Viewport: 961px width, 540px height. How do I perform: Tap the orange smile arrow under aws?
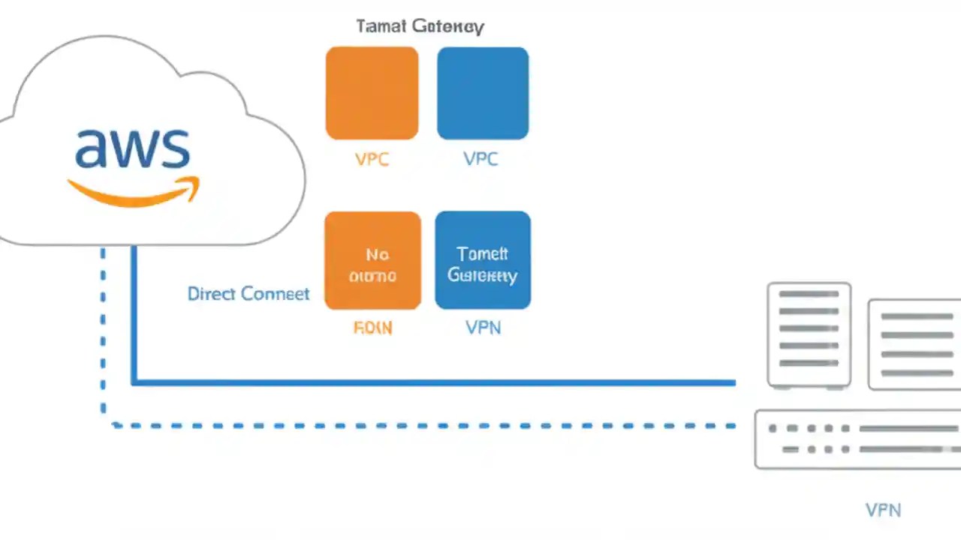(x=135, y=192)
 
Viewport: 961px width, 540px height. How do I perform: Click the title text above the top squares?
(x=420, y=26)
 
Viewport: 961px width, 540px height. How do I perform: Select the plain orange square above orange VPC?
(x=372, y=93)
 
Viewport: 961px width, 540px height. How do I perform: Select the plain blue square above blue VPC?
(x=483, y=93)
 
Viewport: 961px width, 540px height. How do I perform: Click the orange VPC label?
(x=372, y=159)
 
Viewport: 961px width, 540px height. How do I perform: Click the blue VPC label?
(x=480, y=159)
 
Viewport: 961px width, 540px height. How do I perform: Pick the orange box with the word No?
(x=372, y=260)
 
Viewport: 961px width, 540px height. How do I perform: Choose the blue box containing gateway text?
(x=483, y=260)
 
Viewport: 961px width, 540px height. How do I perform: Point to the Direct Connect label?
(x=248, y=293)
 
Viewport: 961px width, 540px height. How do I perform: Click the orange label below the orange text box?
(x=372, y=328)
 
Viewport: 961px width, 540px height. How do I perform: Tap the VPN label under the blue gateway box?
(x=483, y=328)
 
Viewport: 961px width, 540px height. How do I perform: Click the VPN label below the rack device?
(x=883, y=511)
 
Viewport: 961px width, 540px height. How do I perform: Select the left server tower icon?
(x=809, y=335)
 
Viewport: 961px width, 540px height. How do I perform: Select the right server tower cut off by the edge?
(x=914, y=344)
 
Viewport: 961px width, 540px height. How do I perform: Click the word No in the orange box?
(x=377, y=254)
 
